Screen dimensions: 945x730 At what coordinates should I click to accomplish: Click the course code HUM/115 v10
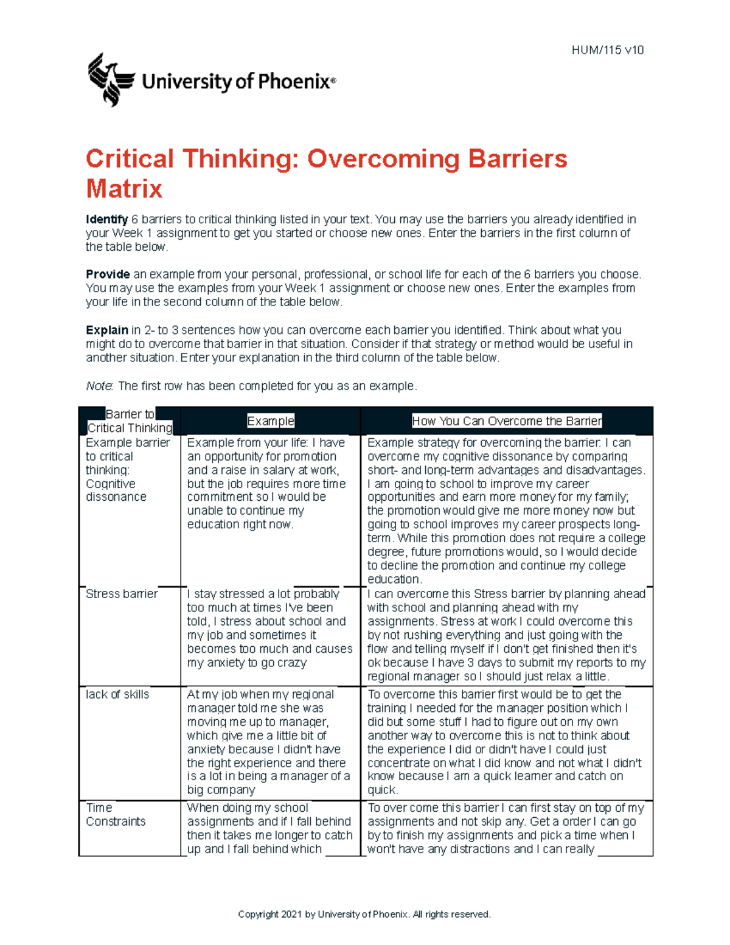click(607, 51)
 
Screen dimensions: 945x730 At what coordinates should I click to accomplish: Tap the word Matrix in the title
click(124, 189)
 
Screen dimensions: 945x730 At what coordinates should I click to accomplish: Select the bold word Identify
click(106, 220)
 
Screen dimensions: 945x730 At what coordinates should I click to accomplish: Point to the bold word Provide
click(108, 274)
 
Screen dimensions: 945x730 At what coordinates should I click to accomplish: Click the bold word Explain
click(107, 330)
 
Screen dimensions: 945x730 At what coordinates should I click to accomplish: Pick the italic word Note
click(99, 386)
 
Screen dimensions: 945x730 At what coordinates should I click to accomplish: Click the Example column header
click(270, 421)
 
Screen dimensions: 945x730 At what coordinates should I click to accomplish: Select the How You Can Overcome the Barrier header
click(507, 421)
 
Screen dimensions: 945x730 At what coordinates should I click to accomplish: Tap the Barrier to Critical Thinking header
click(130, 421)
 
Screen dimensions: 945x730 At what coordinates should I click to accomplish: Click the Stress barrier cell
click(122, 594)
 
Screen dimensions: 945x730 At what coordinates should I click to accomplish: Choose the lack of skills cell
click(117, 694)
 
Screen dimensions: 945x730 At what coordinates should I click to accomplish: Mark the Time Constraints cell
click(116, 815)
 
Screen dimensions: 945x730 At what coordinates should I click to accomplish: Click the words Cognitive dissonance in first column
click(116, 490)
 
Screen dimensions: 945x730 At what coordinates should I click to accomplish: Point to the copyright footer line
click(364, 914)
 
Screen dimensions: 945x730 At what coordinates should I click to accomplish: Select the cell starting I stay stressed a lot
click(269, 628)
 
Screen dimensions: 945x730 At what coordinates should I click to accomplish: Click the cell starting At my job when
click(269, 742)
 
